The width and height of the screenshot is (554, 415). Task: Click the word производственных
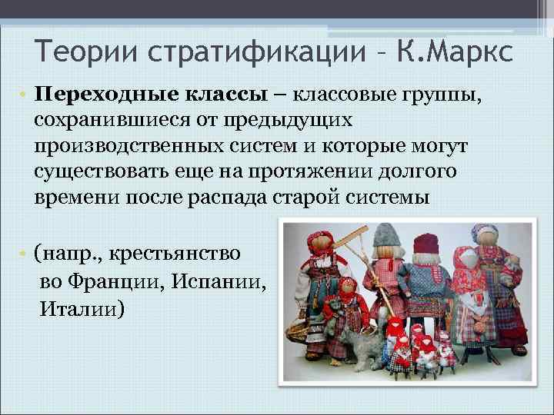click(x=128, y=145)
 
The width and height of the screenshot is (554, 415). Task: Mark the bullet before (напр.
click(x=25, y=254)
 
